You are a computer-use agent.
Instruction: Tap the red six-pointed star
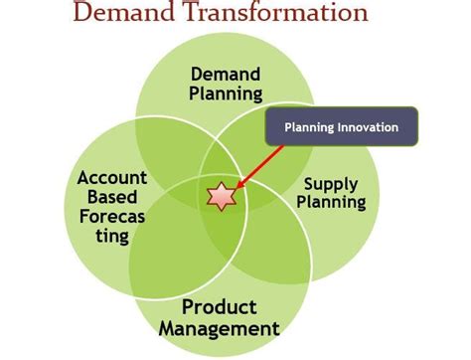point(220,196)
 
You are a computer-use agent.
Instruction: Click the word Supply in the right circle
point(330,184)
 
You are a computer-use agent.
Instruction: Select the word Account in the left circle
point(111,179)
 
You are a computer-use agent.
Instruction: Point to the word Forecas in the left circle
point(113,217)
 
